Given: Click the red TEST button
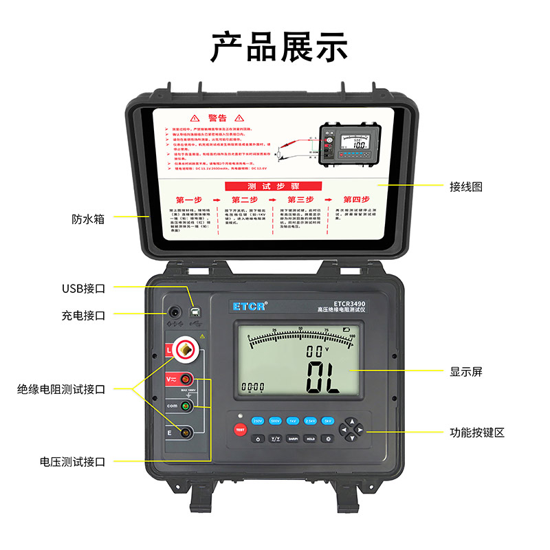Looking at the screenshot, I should tap(240, 430).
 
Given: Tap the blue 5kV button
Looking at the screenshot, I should tap(329, 420).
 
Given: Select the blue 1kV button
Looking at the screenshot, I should tap(293, 420).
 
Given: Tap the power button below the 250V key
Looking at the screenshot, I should tap(258, 439).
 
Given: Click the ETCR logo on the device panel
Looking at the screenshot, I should tap(249, 306).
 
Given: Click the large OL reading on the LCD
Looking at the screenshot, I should tap(323, 377).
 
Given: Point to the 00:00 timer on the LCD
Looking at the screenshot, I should tap(254, 386).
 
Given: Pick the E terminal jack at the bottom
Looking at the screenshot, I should tap(185, 432).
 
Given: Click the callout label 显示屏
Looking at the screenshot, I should tap(466, 371).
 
